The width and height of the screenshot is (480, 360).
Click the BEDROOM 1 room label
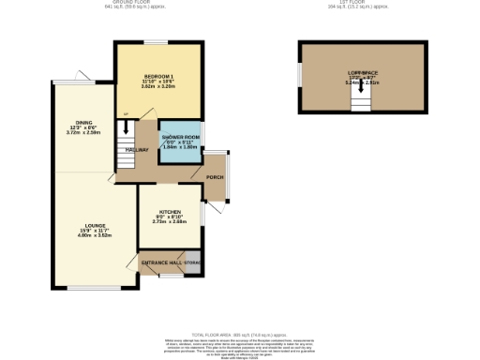[157, 76]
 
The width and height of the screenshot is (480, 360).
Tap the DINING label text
[84, 123]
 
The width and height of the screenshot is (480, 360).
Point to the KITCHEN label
[170, 212]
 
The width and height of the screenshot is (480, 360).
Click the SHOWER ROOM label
[181, 137]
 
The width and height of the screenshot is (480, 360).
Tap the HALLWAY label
[139, 149]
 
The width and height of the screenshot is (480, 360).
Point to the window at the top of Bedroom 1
[157, 42]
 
